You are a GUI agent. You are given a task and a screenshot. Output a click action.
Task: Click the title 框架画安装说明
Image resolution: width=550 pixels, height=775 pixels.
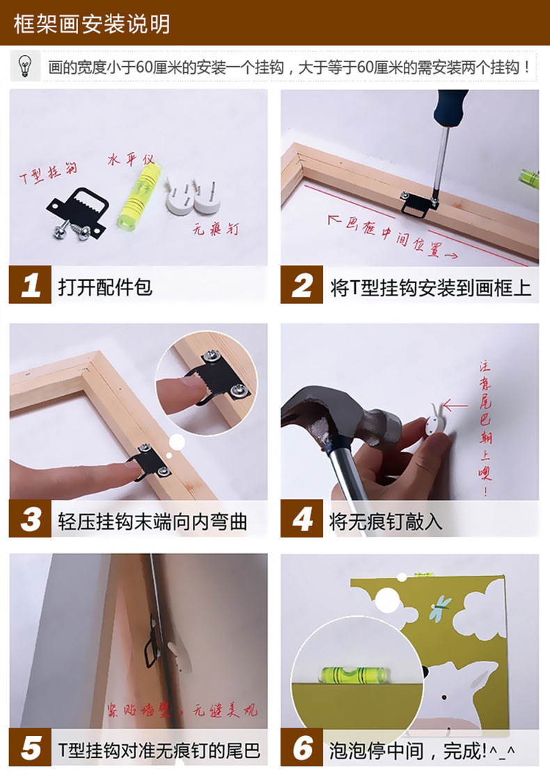(x=92, y=24)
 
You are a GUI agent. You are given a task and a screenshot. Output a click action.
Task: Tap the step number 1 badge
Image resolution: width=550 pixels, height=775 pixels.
(x=30, y=286)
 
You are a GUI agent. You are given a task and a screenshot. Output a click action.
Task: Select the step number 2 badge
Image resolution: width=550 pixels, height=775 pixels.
(x=301, y=286)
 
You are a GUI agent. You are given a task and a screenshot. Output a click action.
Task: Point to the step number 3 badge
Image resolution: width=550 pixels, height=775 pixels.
(x=30, y=520)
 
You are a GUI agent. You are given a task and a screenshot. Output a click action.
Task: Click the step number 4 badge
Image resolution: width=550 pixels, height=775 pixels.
(x=301, y=520)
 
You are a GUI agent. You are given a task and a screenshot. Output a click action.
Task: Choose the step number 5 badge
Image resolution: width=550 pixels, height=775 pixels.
(x=30, y=749)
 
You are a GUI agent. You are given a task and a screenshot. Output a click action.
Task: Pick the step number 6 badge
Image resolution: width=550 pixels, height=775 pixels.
(x=301, y=749)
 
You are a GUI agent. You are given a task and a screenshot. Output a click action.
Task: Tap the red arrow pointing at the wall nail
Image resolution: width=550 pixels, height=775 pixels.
(x=456, y=405)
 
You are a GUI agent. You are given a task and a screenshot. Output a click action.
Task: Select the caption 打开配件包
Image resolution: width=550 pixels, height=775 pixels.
(x=104, y=286)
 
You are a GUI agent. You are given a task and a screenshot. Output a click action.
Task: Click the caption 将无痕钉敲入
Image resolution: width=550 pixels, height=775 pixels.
(x=386, y=521)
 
